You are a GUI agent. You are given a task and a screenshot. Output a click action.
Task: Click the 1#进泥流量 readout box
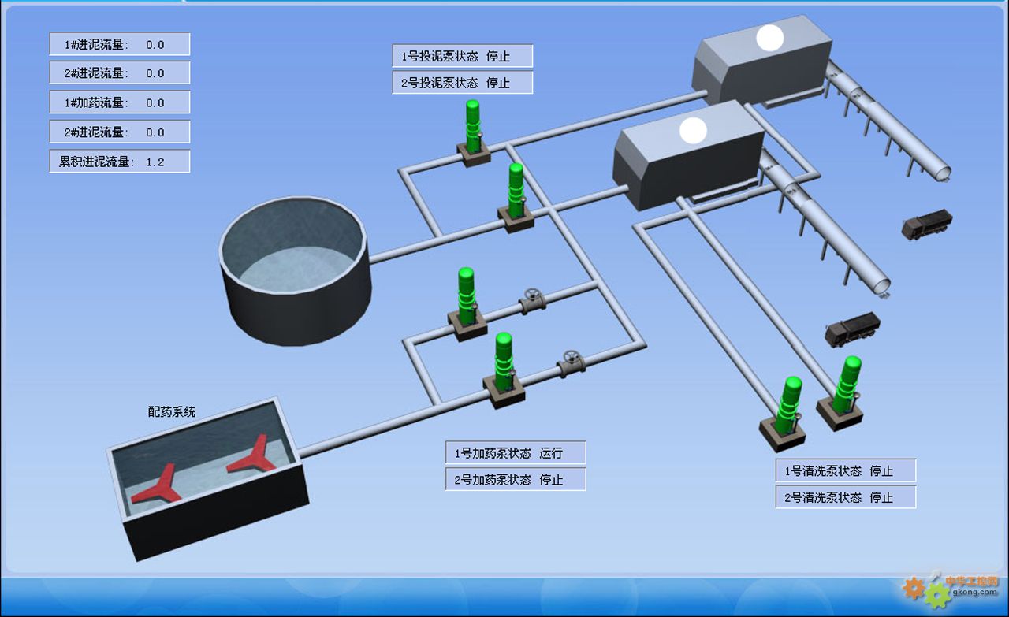point(119,44)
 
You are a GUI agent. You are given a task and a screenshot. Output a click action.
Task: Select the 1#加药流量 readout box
point(119,102)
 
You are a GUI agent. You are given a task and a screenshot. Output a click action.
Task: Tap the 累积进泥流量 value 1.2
point(155,162)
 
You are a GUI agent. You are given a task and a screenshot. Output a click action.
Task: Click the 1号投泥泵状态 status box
point(462,56)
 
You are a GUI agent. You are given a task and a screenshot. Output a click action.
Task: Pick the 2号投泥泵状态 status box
point(462,83)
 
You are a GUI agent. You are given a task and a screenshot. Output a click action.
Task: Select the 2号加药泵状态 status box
point(516,479)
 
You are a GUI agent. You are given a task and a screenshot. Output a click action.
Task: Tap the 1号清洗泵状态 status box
point(845,471)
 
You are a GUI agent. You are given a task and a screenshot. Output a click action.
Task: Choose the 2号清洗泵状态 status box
point(845,498)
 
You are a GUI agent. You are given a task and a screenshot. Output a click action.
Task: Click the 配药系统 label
point(172,411)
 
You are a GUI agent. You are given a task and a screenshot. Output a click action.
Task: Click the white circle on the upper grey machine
point(770,39)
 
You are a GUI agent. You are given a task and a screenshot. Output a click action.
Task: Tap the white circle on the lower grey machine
point(694,130)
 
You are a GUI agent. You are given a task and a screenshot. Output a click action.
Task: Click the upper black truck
point(927,224)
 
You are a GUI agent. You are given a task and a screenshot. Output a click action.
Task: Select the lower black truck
point(851,328)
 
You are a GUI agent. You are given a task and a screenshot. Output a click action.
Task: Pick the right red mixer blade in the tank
point(252,458)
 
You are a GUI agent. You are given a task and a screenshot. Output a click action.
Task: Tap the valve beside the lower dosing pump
point(571,362)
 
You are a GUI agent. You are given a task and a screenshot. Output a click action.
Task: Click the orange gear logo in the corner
point(914,587)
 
